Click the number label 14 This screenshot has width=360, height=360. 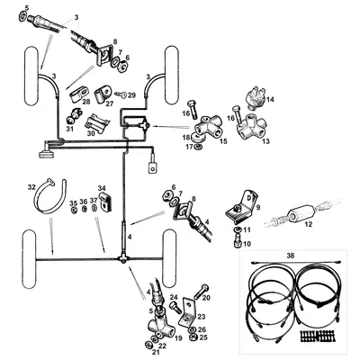[x=272, y=100]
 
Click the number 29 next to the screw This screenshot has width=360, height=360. [x=132, y=94]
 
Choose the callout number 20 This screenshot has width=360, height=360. [x=207, y=297]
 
